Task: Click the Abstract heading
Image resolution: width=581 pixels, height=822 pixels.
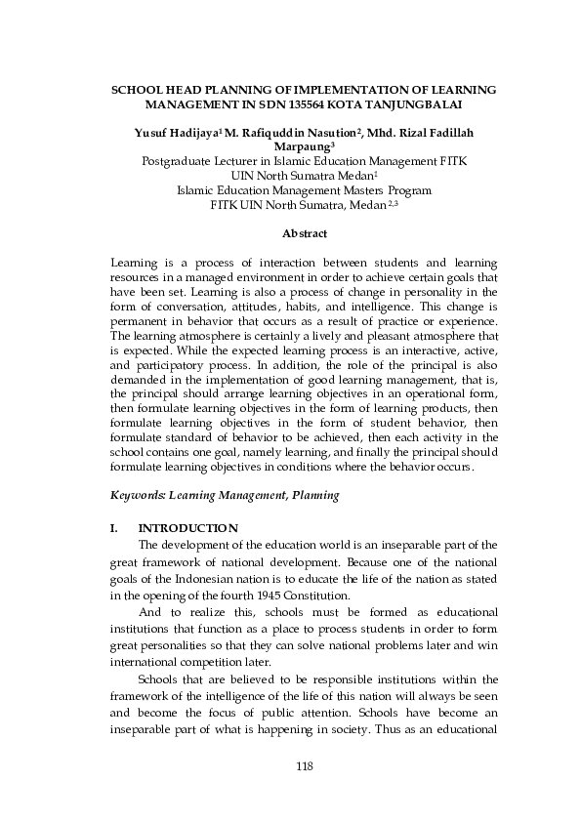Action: (304, 233)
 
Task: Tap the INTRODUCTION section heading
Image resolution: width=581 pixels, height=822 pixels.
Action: (188, 528)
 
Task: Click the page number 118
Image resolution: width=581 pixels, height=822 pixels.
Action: (304, 765)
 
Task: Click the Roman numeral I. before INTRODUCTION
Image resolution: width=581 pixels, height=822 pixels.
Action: (115, 528)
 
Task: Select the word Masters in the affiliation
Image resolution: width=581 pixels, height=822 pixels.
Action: (358, 190)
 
